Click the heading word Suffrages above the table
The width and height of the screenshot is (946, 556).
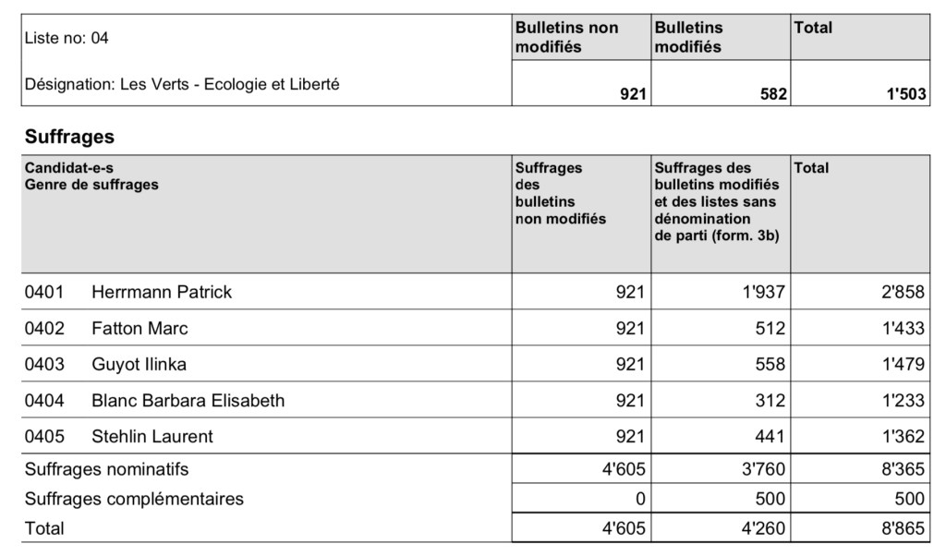coord(69,138)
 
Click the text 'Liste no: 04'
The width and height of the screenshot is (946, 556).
coord(67,38)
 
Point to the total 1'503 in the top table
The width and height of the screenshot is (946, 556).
coord(906,94)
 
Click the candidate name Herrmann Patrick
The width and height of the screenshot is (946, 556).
coord(162,292)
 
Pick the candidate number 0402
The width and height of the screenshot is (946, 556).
coord(44,328)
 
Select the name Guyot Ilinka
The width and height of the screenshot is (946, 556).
coord(139,364)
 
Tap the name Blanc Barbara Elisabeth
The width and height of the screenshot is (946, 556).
coord(188,400)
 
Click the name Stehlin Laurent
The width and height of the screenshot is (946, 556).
coord(152,436)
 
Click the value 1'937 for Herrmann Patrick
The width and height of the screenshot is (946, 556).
coord(764,292)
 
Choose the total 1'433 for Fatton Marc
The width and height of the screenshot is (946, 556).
coord(903,328)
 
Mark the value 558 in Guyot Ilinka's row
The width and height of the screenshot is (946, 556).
coord(770,364)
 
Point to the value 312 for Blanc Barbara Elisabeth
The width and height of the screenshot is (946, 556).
coord(770,400)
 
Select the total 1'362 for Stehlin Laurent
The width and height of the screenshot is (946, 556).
coord(903,436)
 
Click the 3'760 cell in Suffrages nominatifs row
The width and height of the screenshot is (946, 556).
coord(764,469)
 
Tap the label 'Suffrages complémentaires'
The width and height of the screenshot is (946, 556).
coord(134,499)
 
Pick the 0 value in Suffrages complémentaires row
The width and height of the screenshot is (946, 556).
coord(638,499)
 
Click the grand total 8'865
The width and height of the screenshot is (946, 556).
coord(903,528)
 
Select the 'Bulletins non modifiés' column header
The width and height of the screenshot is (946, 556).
coord(566,37)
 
